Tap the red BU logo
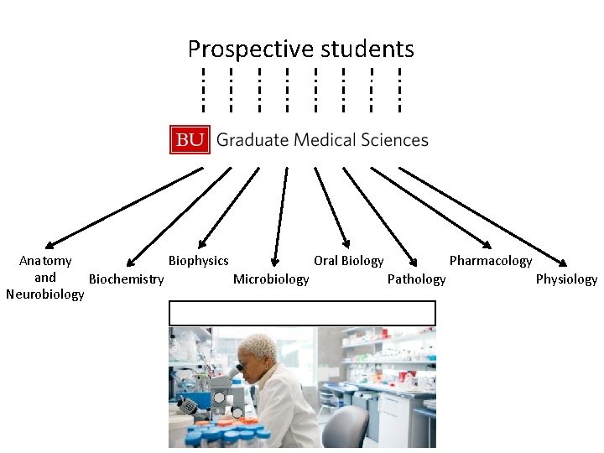tap(190, 140)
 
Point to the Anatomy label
tap(45, 261)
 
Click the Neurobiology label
tap(44, 294)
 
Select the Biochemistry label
tap(127, 279)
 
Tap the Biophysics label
tap(199, 261)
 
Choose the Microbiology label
tap(271, 279)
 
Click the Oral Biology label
tap(349, 261)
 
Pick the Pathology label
tap(417, 279)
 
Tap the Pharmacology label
tap(491, 261)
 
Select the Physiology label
tap(566, 279)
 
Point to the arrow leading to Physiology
tap(482, 214)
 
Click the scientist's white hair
tap(258, 346)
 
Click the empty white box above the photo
tap(302, 313)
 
